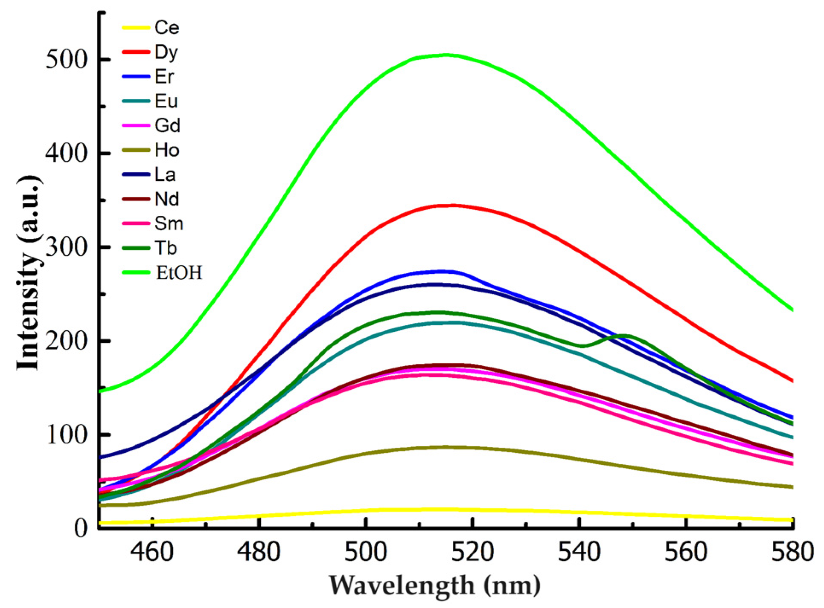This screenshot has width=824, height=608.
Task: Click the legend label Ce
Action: tap(166, 28)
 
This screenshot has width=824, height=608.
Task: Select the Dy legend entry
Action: tap(166, 52)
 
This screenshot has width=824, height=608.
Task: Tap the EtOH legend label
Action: tap(179, 272)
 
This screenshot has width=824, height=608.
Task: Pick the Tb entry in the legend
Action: tap(166, 248)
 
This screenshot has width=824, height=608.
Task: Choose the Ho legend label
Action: tap(166, 150)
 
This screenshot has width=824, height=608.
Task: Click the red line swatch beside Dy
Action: tap(136, 52)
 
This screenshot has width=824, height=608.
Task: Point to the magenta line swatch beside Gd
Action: tap(136, 126)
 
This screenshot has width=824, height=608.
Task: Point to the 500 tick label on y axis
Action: tap(66, 59)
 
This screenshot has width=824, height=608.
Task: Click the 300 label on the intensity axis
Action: tap(66, 247)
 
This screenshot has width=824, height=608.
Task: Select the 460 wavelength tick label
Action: tap(152, 552)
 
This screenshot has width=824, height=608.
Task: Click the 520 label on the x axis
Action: tap(472, 552)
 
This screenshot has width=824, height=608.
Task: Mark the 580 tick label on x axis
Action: tap(792, 552)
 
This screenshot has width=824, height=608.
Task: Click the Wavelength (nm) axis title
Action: tap(434, 585)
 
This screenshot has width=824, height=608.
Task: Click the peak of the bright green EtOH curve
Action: tap(446, 55)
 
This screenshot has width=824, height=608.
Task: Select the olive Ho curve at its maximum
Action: tap(446, 447)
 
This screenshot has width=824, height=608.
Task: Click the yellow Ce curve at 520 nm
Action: tap(472, 510)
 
